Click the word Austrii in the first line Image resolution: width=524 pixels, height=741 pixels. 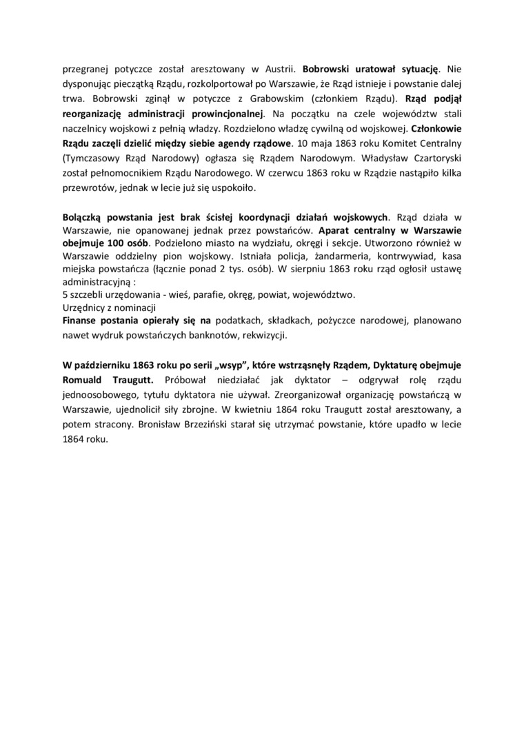point(276,69)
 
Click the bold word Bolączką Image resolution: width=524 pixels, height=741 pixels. point(85,216)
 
